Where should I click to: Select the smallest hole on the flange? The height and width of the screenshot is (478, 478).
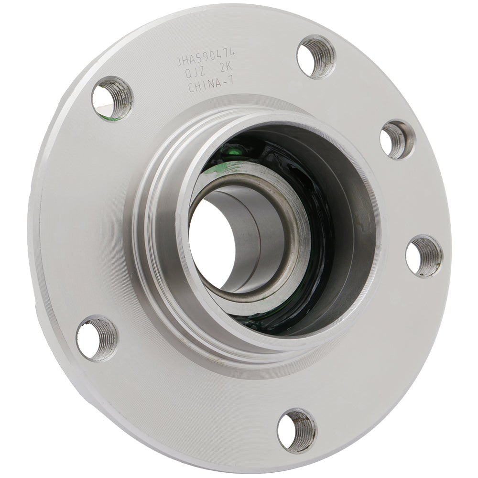(x=397, y=140)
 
